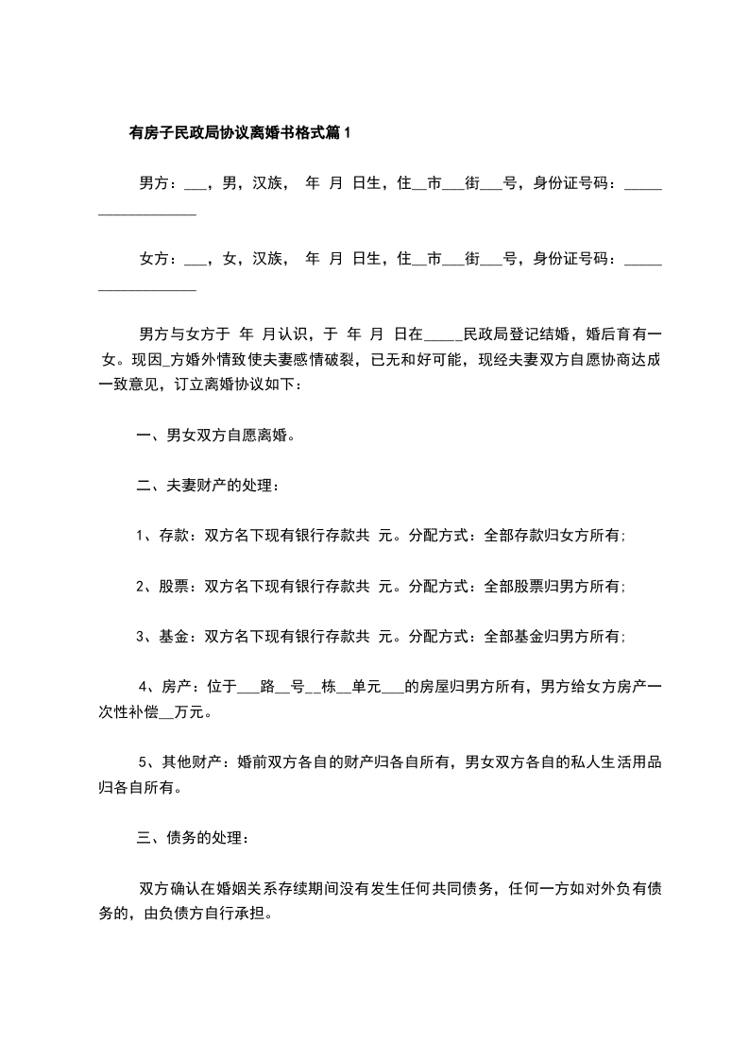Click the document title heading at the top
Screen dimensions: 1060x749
(x=239, y=133)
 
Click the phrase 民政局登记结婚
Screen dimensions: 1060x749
(x=515, y=333)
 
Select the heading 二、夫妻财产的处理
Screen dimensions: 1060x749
(x=206, y=486)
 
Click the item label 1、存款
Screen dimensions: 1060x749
(x=163, y=536)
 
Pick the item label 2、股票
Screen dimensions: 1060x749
(x=163, y=586)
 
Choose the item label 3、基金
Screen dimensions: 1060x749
(x=163, y=636)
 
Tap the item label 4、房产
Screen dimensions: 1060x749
(x=167, y=686)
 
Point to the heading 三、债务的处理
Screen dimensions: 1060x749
(x=193, y=837)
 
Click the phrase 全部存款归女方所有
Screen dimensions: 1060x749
(x=552, y=536)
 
